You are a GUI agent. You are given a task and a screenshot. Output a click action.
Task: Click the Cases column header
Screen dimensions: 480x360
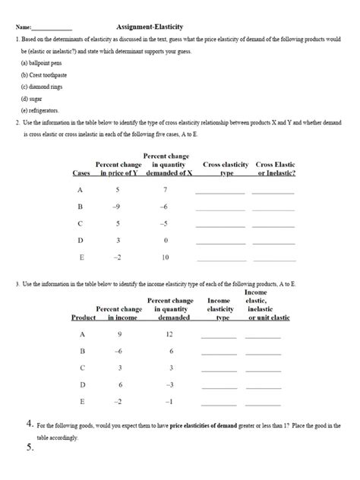81,173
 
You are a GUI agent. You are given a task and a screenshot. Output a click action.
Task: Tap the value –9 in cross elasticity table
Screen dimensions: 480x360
116,207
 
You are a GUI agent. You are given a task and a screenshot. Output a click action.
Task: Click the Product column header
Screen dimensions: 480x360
83,317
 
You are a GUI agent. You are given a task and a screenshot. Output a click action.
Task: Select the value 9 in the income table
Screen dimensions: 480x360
119,334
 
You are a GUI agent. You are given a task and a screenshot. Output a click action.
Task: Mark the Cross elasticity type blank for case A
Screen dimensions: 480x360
220,192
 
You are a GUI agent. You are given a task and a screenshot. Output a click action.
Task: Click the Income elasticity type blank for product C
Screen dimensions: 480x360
219,370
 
